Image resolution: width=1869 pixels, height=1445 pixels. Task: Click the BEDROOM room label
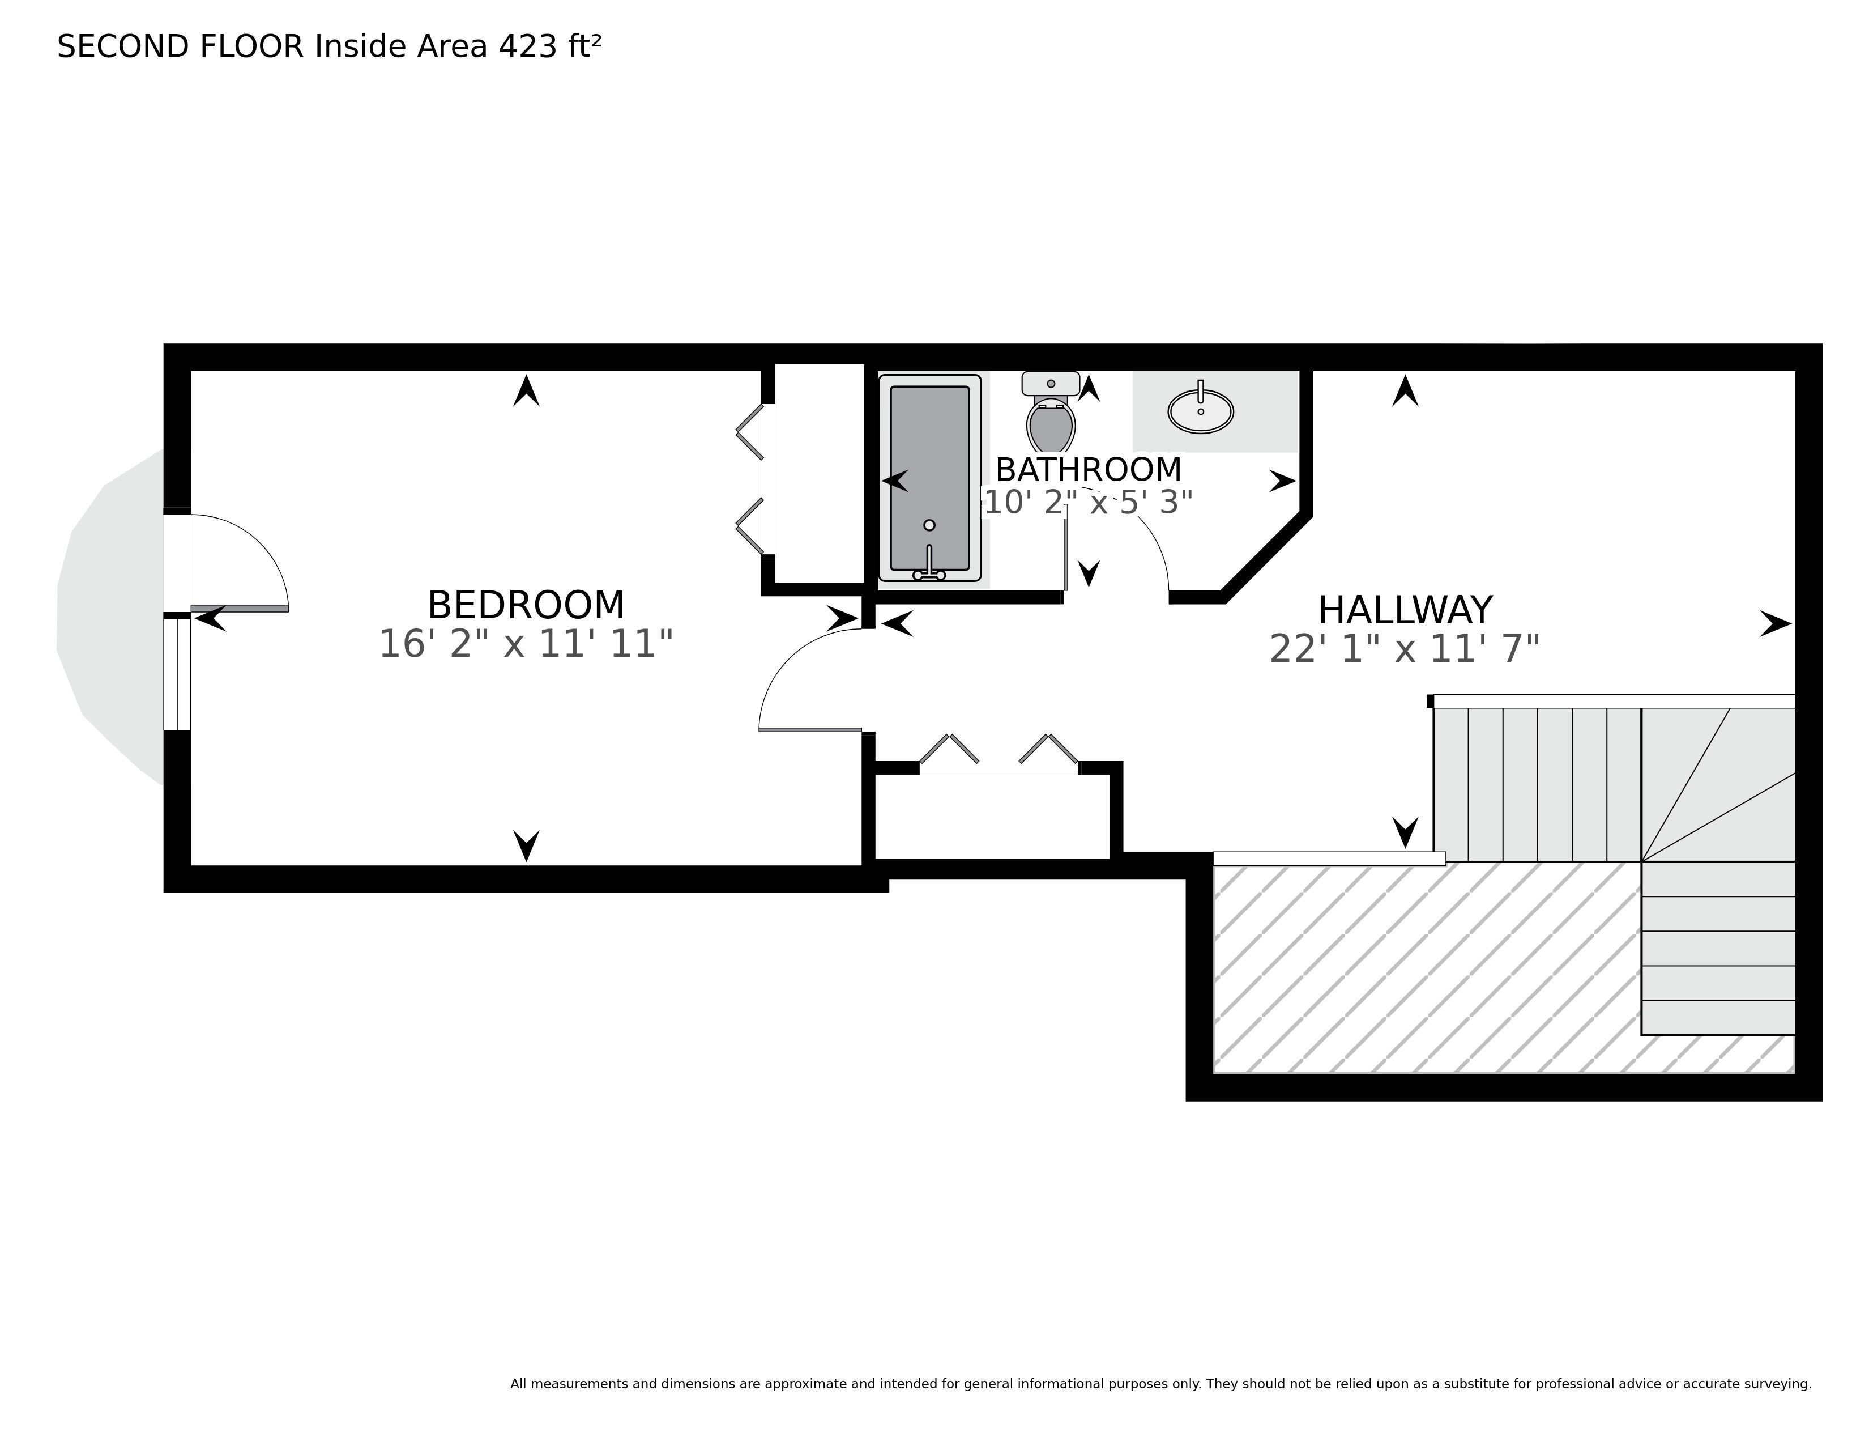526,605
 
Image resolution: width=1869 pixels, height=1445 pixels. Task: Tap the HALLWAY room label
1405,610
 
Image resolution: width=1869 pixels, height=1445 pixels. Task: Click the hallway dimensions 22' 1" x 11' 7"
1405,649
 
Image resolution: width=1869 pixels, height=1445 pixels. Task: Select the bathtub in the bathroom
930,478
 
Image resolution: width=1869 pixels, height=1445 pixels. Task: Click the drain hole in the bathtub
929,525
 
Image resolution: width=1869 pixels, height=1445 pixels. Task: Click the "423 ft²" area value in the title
551,46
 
